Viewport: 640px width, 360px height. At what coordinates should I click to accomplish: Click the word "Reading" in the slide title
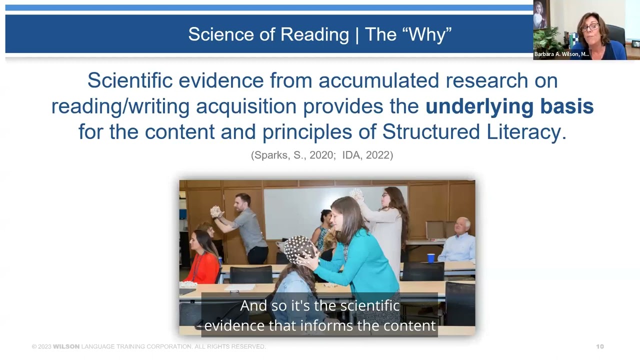point(314,34)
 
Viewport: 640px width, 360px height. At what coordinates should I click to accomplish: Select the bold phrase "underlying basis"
point(509,106)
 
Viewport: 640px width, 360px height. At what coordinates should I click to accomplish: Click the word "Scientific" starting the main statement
point(132,80)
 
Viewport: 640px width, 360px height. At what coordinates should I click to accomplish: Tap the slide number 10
point(600,346)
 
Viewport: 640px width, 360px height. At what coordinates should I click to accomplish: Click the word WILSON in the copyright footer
point(66,346)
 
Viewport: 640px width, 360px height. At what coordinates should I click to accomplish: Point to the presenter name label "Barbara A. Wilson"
point(561,54)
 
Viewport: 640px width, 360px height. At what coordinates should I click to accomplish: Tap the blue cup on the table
point(431,258)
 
